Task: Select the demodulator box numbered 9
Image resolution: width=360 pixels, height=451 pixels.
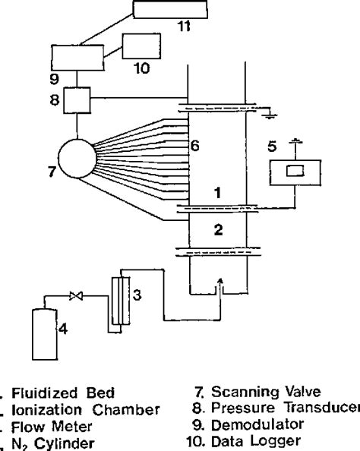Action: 76,58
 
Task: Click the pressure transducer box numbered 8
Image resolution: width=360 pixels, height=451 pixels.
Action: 77,99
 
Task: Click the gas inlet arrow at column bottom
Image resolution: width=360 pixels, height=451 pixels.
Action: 219,283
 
